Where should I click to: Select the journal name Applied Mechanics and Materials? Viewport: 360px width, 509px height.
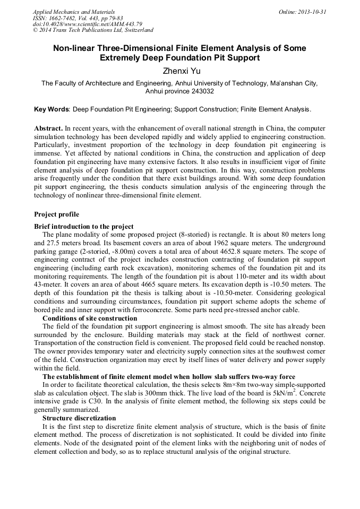(74, 12)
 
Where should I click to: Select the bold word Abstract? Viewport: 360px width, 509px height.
(48, 129)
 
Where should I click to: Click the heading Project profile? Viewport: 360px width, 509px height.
(56, 214)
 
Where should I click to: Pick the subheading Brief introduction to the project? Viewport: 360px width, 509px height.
(84, 227)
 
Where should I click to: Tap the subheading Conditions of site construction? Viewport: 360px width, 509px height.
(90, 318)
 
